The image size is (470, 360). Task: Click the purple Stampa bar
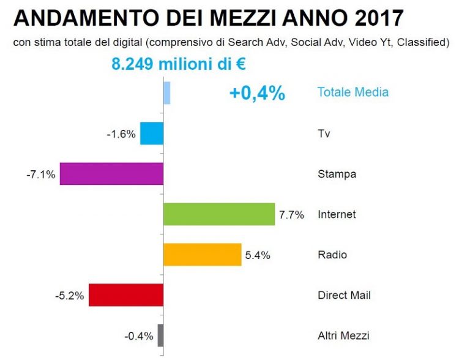pyautogui.click(x=111, y=174)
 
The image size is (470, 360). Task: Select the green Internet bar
pyautogui.click(x=219, y=214)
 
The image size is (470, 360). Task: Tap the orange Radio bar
pyautogui.click(x=203, y=255)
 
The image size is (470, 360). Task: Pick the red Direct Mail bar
pyautogui.click(x=126, y=295)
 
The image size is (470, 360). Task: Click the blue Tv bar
pyautogui.click(x=152, y=133)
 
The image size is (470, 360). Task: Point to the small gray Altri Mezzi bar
pyautogui.click(x=161, y=336)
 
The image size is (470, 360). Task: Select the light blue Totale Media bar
pyautogui.click(x=167, y=93)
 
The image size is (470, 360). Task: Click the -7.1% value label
pyautogui.click(x=41, y=174)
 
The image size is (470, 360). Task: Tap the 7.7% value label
pyautogui.click(x=292, y=215)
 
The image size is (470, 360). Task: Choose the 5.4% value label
pyautogui.click(x=258, y=255)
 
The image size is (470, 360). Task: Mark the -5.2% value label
pyautogui.click(x=70, y=296)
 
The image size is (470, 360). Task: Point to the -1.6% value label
pyautogui.click(x=121, y=134)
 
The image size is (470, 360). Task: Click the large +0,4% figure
pyautogui.click(x=257, y=93)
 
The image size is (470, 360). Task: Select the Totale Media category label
pyautogui.click(x=353, y=92)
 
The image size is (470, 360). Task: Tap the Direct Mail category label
pyautogui.click(x=344, y=295)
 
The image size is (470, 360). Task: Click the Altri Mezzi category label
pyautogui.click(x=343, y=336)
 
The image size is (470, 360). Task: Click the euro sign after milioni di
pyautogui.click(x=241, y=64)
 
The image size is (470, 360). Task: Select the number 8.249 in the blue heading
pyautogui.click(x=133, y=64)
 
